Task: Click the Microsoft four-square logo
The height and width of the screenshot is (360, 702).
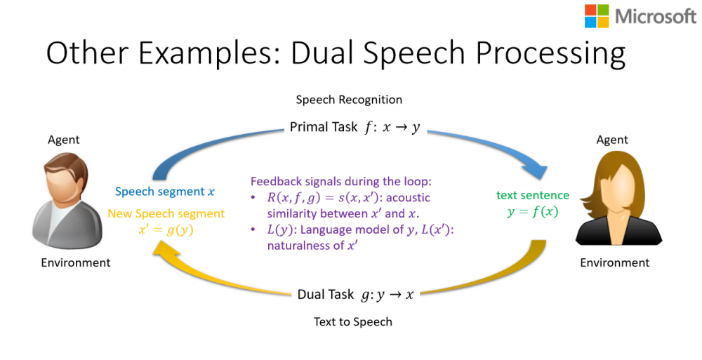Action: point(597,16)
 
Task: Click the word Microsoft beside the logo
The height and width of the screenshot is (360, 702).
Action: point(656,17)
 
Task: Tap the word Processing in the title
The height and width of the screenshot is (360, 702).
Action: point(550,54)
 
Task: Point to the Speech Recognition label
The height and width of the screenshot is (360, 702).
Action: point(349,100)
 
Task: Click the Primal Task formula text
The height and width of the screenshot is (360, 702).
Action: point(355,127)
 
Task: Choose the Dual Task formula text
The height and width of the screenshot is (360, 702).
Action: point(355,295)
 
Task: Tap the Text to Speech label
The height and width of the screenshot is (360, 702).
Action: point(353,321)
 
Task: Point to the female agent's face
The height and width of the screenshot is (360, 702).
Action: point(618,183)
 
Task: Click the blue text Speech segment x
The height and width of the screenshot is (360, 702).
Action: point(165,192)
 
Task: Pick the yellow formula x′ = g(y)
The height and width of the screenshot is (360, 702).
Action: point(166,229)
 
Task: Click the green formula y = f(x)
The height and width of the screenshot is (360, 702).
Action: point(533,211)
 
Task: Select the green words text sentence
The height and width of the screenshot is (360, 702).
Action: point(533,195)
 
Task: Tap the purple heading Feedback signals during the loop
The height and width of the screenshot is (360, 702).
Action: point(340,181)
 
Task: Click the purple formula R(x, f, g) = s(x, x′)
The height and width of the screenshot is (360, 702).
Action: point(323,197)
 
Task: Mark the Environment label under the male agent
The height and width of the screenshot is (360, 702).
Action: point(76,262)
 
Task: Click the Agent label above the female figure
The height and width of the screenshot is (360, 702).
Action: point(612,140)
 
